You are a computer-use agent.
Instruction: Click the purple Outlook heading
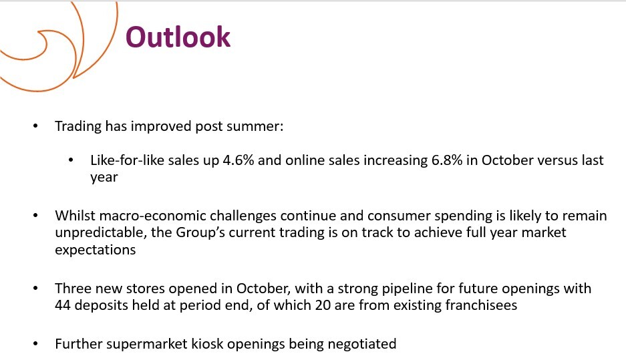click(x=178, y=37)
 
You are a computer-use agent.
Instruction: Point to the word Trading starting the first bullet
click(x=78, y=126)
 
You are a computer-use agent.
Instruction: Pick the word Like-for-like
click(x=127, y=160)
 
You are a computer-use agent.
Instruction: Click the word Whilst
click(x=75, y=216)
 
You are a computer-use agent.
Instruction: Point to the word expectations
click(x=96, y=250)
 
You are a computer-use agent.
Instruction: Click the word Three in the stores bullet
click(x=71, y=288)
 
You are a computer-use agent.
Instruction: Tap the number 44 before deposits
click(x=63, y=305)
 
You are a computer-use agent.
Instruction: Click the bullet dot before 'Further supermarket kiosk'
click(x=35, y=343)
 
